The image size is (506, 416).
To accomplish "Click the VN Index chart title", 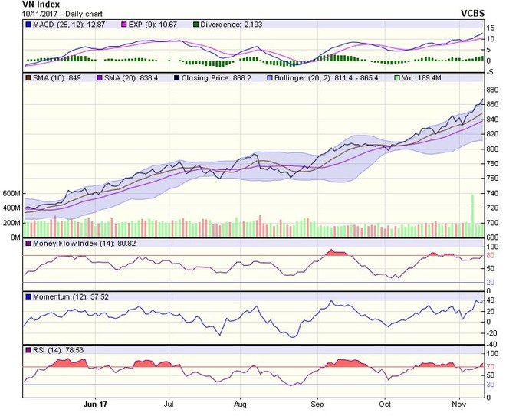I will click(x=18, y=5).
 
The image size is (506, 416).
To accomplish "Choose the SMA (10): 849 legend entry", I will click(x=58, y=77).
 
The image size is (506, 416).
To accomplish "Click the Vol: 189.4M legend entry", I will click(x=421, y=77).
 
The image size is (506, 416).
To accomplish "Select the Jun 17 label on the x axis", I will click(x=96, y=404).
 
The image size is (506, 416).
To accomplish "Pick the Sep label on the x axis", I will click(x=316, y=404).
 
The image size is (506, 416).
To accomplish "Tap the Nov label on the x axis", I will click(x=458, y=404).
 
